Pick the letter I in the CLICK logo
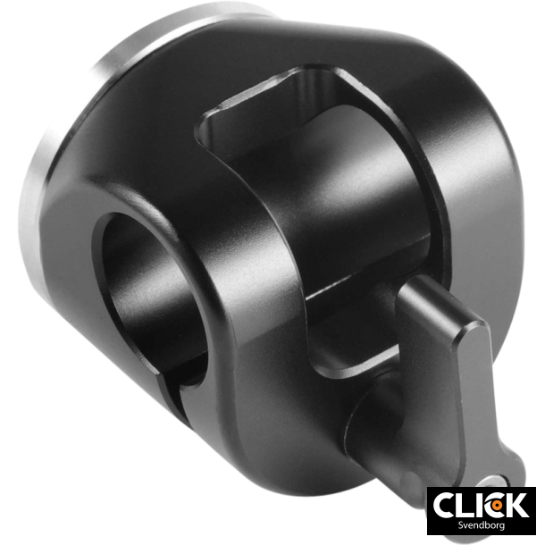pos(482,505)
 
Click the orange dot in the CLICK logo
pos(499,506)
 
